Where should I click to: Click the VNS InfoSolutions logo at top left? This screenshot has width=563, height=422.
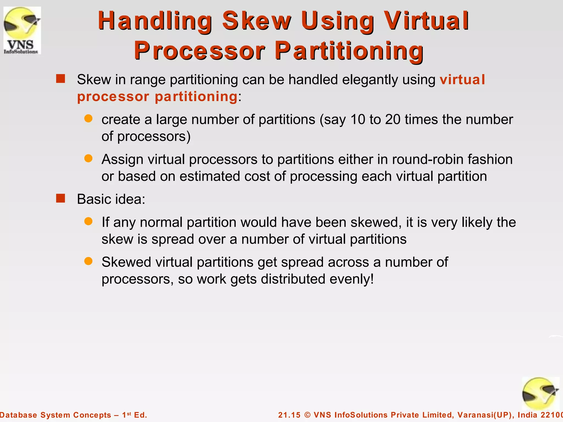(x=22, y=30)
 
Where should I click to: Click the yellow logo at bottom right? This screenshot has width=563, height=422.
(x=540, y=393)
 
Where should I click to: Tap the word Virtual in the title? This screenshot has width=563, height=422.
(x=426, y=21)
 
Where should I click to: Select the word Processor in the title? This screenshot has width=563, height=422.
(x=200, y=51)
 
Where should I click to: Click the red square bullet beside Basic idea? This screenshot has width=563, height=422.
(x=60, y=198)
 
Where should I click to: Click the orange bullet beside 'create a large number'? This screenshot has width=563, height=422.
(x=88, y=118)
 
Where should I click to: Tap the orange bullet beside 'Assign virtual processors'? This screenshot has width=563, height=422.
(x=88, y=158)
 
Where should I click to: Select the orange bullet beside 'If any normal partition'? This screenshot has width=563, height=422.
(x=88, y=221)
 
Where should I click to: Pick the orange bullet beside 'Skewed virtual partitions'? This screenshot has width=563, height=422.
(x=88, y=261)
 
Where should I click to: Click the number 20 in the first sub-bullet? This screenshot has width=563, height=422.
(x=393, y=120)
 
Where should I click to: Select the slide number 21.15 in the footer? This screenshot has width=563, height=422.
(x=289, y=415)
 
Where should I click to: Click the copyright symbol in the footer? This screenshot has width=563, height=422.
(x=308, y=415)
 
